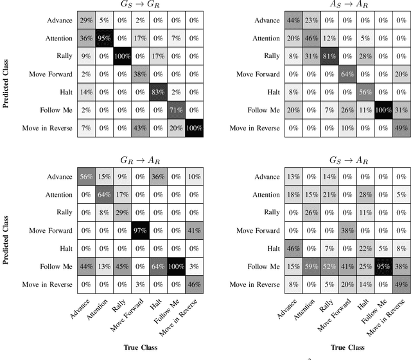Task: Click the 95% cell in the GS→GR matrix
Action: pyautogui.click(x=105, y=38)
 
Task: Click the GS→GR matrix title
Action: pyautogui.click(x=140, y=6)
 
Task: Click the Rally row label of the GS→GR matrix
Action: pyautogui.click(x=64, y=56)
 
